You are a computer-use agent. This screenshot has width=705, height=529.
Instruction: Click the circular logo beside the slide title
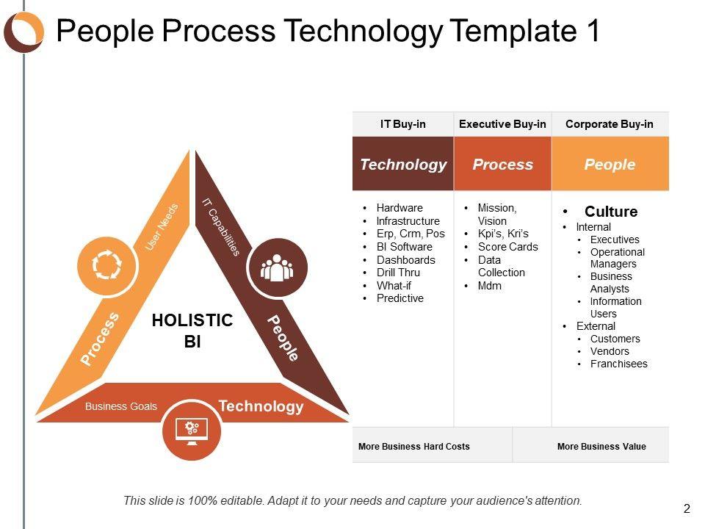point(23,32)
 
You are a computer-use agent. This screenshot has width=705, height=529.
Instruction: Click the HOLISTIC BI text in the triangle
point(192,331)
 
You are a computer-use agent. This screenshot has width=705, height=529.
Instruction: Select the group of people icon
point(277,268)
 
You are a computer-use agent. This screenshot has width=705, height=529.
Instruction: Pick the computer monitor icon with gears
point(191,431)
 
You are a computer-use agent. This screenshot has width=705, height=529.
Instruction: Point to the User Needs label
point(162,227)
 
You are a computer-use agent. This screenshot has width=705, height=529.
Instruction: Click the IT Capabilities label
point(221,226)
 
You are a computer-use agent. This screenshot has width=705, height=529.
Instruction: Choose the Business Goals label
point(121,406)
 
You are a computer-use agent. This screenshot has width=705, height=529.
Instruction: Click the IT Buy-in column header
point(402,124)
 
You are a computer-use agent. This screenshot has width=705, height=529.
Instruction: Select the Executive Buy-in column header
point(502,124)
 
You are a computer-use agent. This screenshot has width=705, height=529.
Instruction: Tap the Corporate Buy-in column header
point(609,124)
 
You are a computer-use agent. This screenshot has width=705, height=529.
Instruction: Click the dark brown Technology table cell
point(402,165)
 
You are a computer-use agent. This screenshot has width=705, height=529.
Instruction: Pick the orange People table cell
point(610,165)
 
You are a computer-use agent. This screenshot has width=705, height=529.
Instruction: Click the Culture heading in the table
point(610,212)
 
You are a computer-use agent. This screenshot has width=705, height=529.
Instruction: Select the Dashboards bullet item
point(405,260)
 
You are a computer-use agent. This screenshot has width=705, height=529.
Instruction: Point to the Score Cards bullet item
point(507,247)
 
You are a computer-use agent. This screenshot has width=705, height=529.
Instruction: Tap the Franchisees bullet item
point(618,364)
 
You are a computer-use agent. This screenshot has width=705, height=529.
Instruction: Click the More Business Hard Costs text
point(413,446)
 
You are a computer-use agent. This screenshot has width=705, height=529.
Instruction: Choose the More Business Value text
point(601,446)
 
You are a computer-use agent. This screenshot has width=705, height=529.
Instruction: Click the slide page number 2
point(687,508)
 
